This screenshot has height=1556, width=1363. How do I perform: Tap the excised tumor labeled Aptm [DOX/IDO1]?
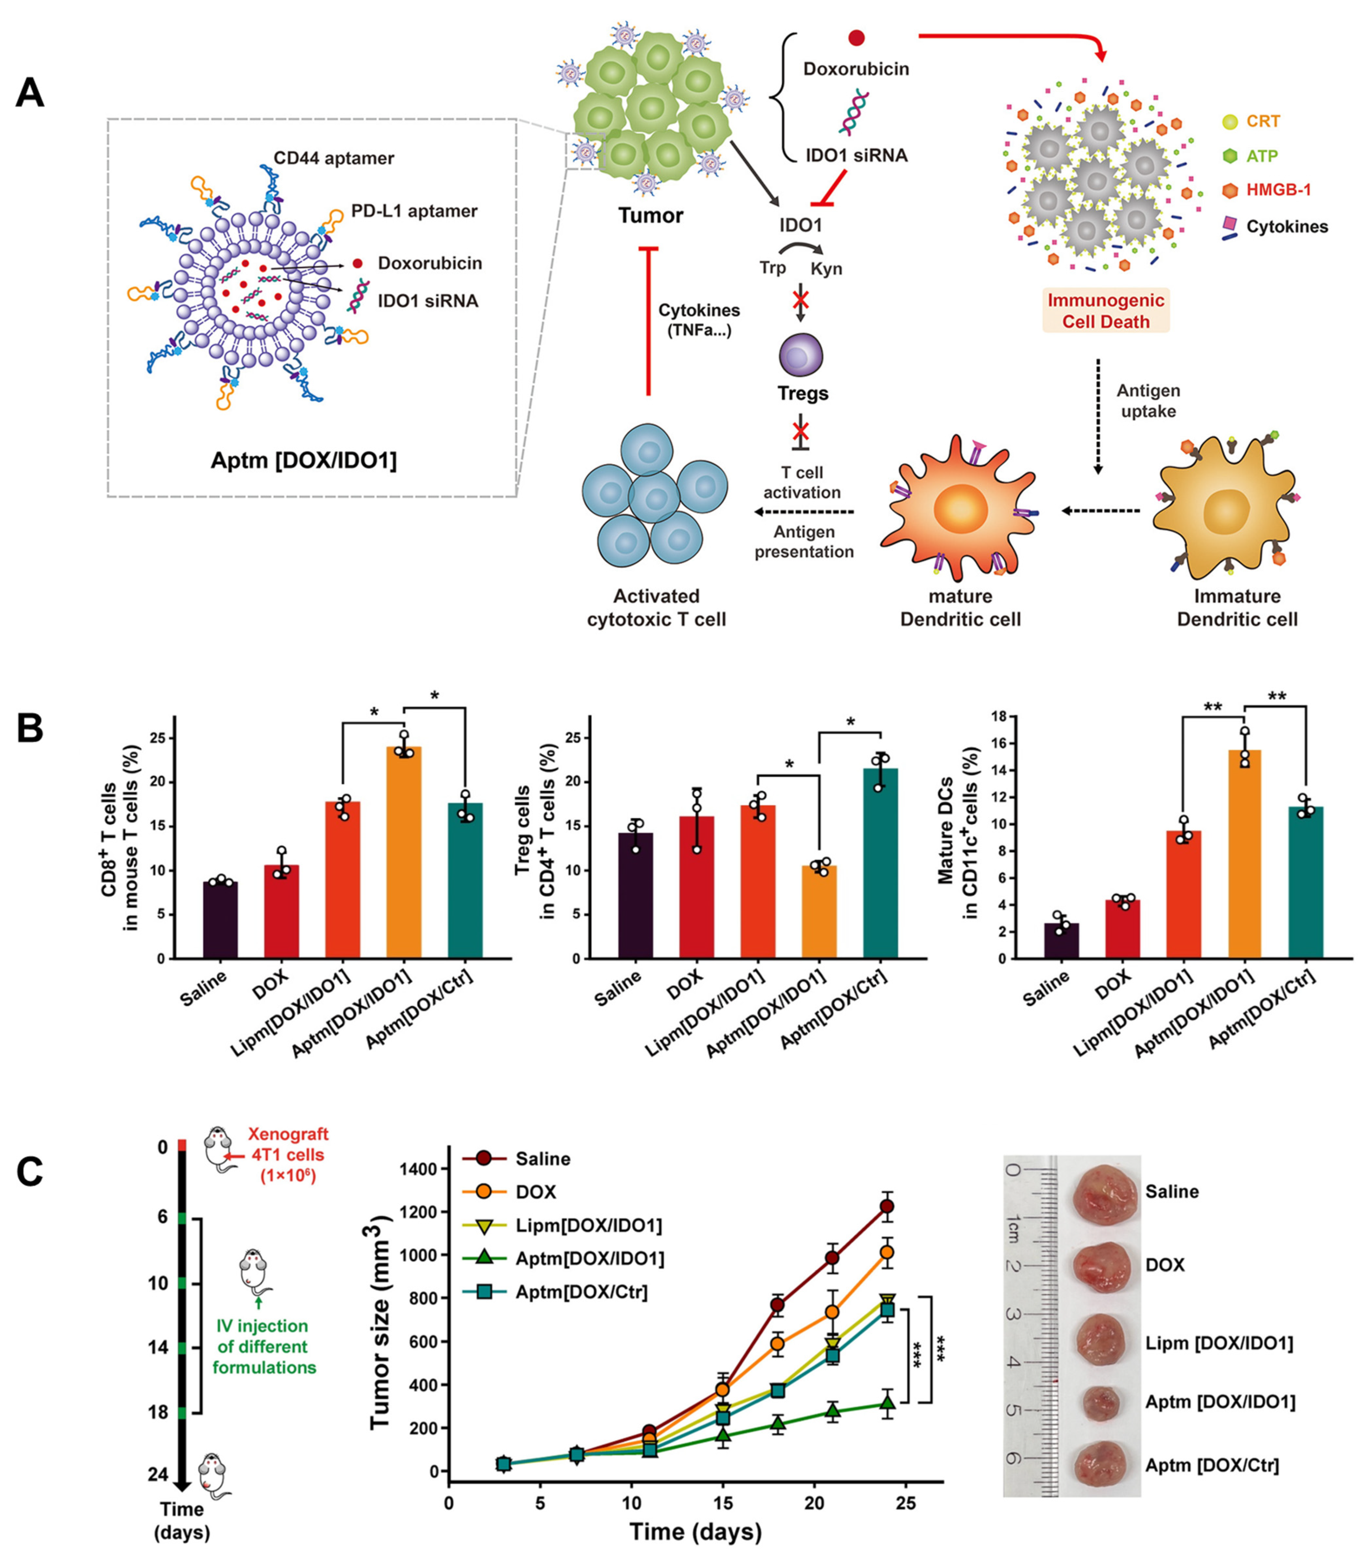pyautogui.click(x=1100, y=1401)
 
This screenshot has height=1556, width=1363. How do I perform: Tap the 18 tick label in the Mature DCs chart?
pyautogui.click(x=999, y=717)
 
